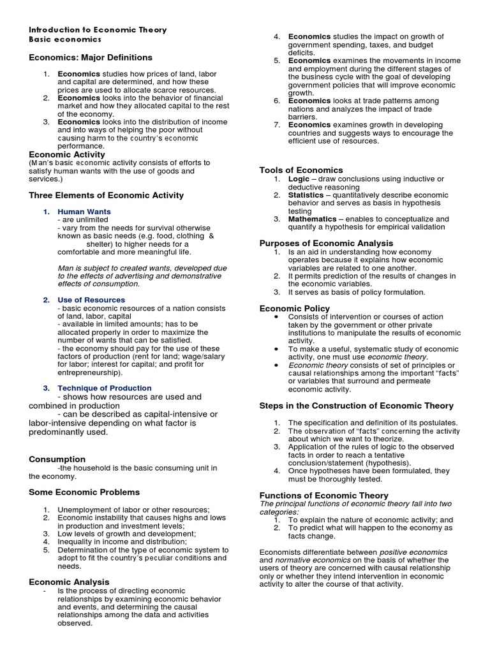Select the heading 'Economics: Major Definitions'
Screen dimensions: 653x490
[91, 57]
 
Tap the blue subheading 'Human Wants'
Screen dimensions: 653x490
[84, 212]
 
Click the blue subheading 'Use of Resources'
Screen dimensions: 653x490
[91, 300]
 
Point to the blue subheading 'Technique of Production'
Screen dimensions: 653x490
[105, 388]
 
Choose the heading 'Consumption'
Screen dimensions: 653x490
[57, 459]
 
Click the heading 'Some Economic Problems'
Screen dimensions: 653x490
[84, 492]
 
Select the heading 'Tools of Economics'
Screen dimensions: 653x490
[301, 170]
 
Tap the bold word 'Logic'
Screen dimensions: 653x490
[299, 179]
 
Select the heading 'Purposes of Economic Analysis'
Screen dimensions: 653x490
[326, 243]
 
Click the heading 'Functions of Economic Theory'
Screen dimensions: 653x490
[323, 495]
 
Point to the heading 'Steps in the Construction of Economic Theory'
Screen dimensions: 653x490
[356, 406]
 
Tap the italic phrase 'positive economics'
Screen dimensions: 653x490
[413, 552]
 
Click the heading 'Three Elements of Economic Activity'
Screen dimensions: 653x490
[107, 195]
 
